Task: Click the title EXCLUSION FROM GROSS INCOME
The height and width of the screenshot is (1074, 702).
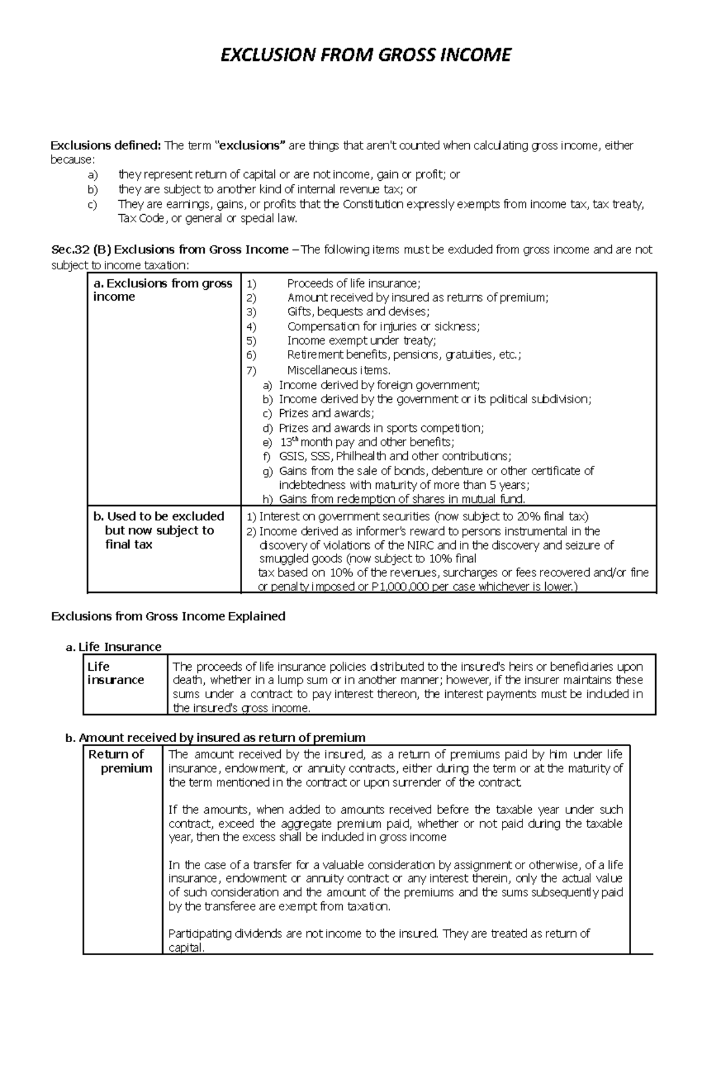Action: tap(365, 55)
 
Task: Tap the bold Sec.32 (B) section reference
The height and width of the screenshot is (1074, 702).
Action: tap(81, 250)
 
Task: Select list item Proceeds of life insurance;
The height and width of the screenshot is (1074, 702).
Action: tap(353, 284)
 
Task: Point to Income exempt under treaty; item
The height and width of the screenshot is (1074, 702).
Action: tap(362, 341)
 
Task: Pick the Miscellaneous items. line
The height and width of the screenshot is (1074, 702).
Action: tap(339, 370)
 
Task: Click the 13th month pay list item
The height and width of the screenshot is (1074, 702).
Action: tap(366, 442)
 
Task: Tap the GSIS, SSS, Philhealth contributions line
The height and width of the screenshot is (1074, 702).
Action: tap(395, 457)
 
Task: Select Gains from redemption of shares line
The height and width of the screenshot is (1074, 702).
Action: tap(402, 499)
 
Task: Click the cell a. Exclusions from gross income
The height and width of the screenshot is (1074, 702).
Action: tap(163, 290)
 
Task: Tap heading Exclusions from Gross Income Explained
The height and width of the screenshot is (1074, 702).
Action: tap(168, 616)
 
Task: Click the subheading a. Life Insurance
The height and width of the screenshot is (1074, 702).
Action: tap(113, 647)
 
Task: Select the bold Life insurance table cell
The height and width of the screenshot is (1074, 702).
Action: tap(115, 673)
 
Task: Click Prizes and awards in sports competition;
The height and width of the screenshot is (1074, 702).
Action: tap(381, 428)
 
